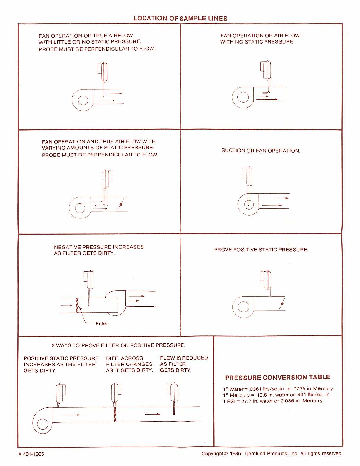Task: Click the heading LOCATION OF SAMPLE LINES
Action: (x=180, y=18)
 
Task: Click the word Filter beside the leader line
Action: (x=102, y=324)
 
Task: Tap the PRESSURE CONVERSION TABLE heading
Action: (x=277, y=378)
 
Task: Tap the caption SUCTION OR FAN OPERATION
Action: (x=261, y=151)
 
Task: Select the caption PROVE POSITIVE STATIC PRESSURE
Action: (x=261, y=250)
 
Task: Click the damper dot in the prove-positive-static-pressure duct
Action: (x=282, y=304)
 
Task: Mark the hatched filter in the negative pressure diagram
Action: (x=77, y=305)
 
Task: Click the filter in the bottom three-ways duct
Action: (x=115, y=414)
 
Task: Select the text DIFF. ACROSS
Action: (x=124, y=358)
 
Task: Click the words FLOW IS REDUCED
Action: (x=184, y=358)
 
